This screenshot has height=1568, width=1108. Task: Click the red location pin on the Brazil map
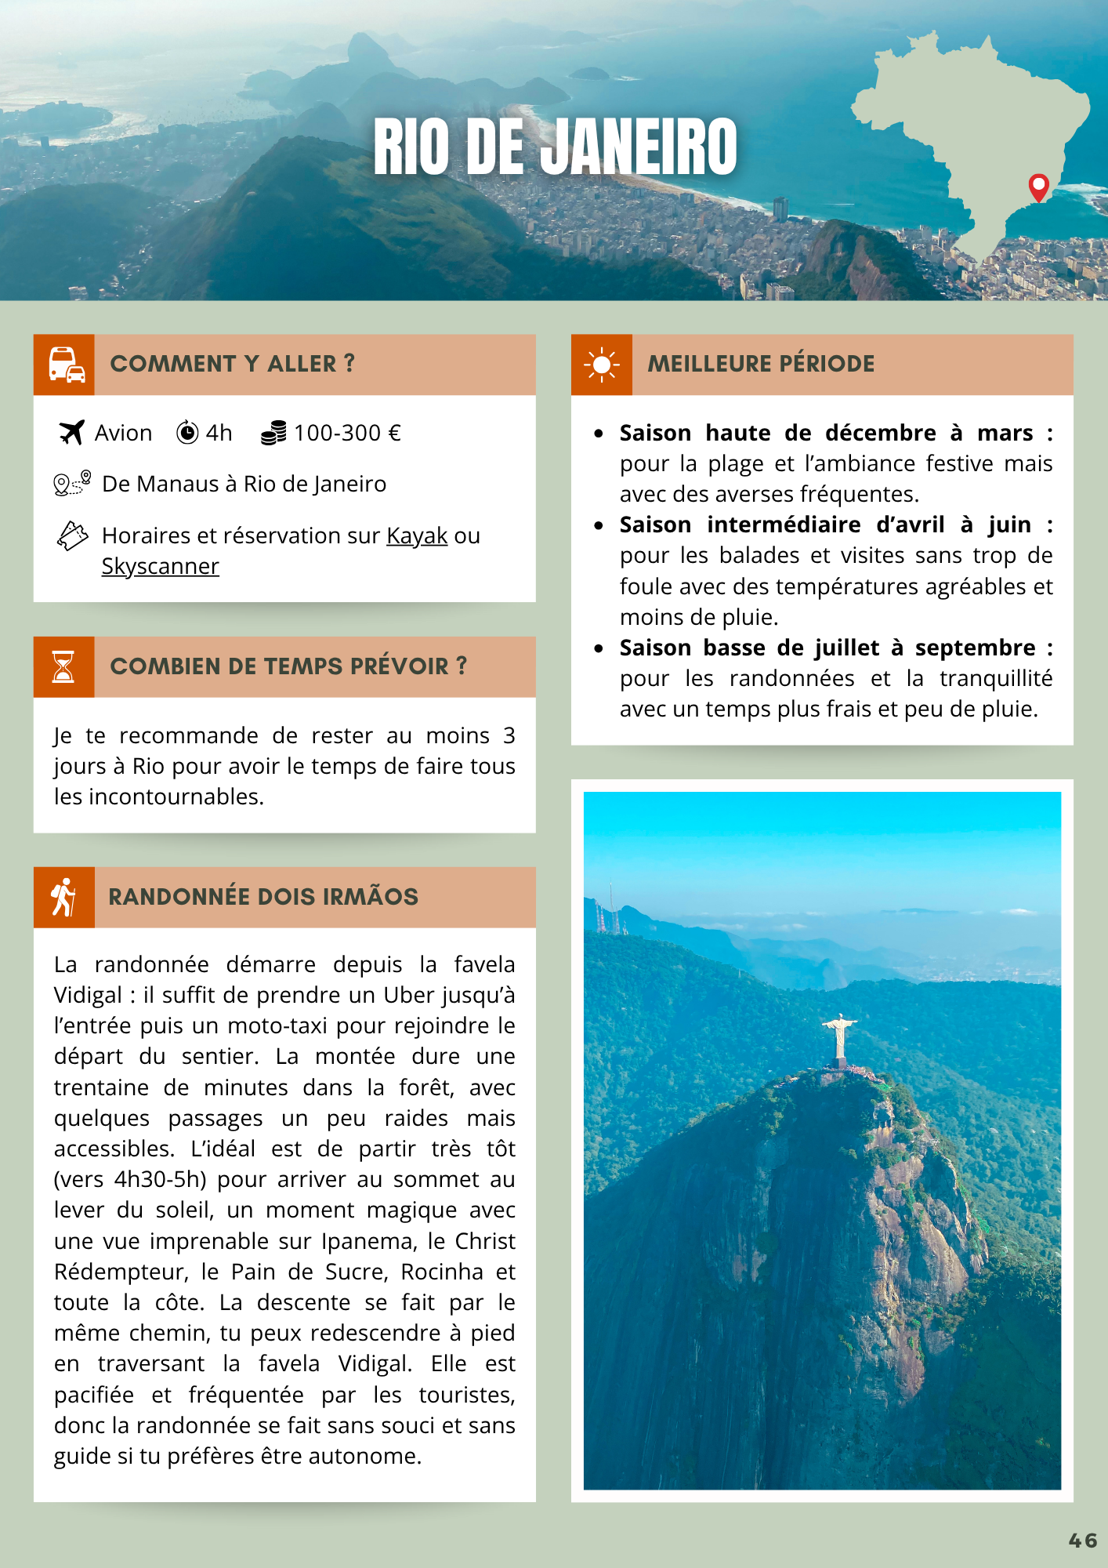1038,187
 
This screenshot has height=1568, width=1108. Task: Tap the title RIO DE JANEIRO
555,147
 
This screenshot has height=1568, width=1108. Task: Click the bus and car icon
64,365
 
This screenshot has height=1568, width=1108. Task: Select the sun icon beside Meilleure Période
601,365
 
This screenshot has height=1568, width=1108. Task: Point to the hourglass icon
63,666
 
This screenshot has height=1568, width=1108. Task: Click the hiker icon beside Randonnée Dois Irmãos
63,897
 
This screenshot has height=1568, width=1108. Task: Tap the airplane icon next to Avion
71,432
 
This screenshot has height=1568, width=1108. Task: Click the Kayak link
417,535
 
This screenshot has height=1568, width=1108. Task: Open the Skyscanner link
160,566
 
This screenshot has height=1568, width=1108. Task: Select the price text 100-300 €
347,433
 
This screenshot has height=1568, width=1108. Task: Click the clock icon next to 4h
187,432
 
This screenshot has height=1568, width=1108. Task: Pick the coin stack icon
273,433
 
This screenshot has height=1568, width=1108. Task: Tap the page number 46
1083,1541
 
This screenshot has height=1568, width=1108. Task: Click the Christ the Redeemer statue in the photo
839,1037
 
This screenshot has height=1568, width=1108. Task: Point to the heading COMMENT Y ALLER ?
232,364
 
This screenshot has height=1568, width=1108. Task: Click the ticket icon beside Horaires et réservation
72,535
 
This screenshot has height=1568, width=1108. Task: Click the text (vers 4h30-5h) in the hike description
130,1179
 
